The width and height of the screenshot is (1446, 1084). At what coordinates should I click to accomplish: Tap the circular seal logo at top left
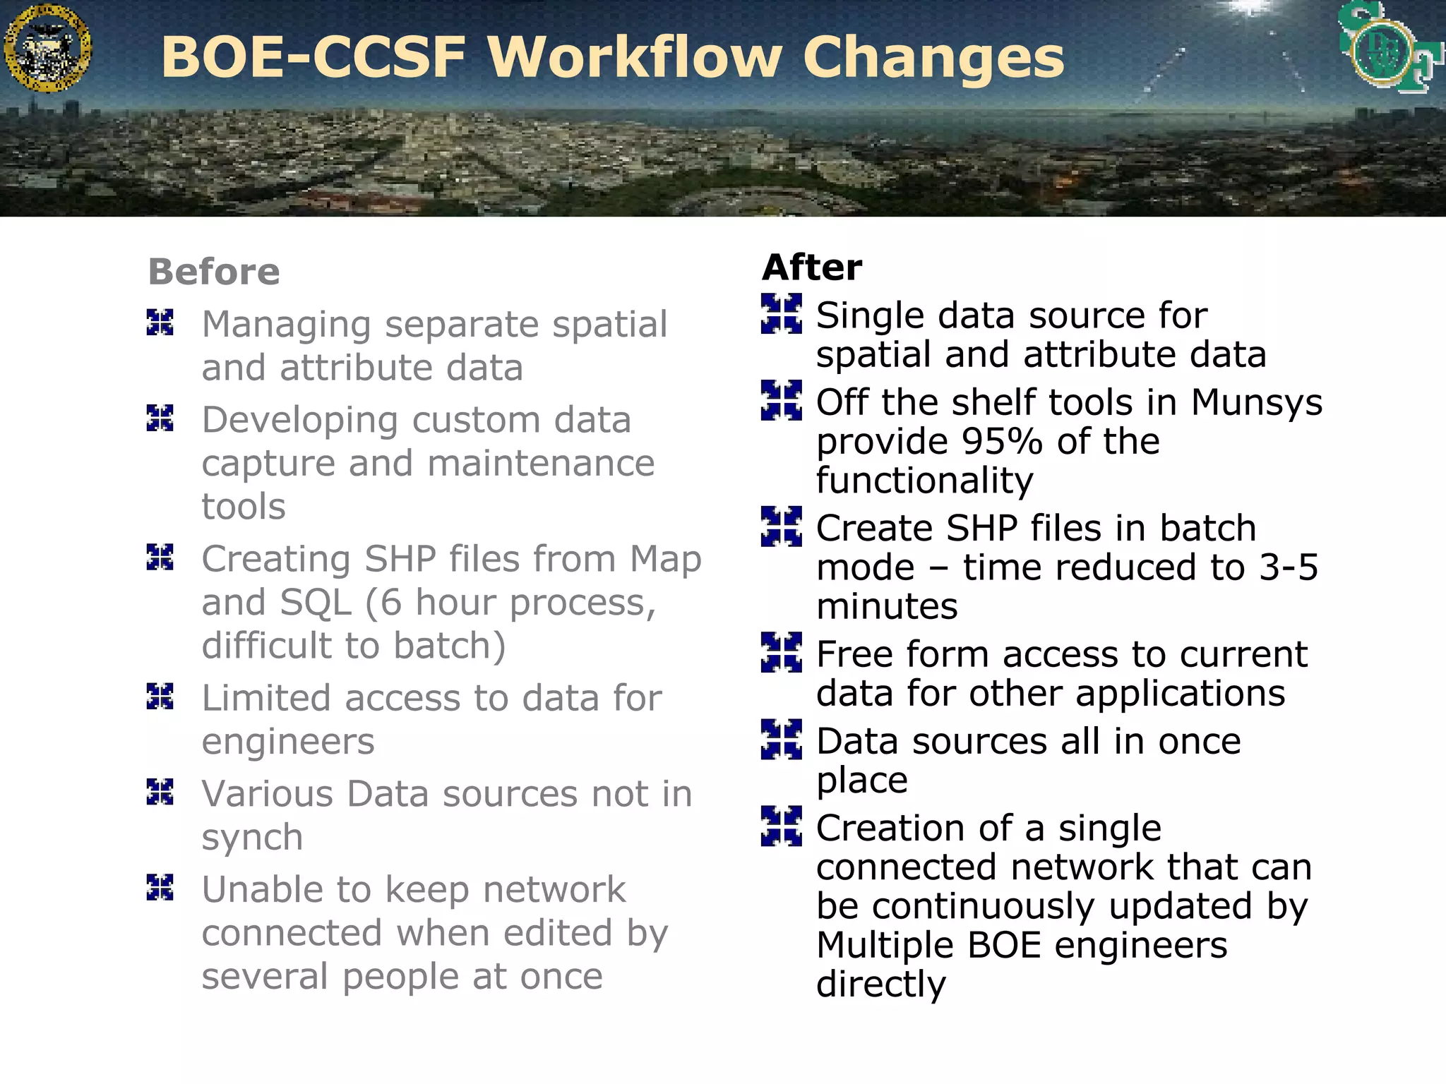47,48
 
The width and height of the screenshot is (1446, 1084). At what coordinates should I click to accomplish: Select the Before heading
214,272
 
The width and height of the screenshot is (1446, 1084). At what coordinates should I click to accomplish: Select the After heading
812,267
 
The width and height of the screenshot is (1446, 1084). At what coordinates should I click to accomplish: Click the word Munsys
1256,402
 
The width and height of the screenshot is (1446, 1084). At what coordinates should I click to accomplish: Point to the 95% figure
1002,442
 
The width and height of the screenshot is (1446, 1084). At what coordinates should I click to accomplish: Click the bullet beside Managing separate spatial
160,323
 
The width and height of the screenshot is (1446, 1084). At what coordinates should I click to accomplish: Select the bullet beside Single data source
782,313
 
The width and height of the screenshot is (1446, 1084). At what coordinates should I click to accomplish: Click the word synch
252,838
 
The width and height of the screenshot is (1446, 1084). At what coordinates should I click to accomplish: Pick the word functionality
924,481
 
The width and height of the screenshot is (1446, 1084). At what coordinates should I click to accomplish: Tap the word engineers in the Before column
288,742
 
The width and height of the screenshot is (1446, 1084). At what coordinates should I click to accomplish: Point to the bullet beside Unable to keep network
160,887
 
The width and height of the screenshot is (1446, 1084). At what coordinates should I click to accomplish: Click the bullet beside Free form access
782,652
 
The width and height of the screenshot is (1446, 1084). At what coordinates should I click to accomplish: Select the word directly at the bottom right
880,984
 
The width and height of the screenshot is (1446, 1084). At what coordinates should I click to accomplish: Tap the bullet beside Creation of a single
782,826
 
